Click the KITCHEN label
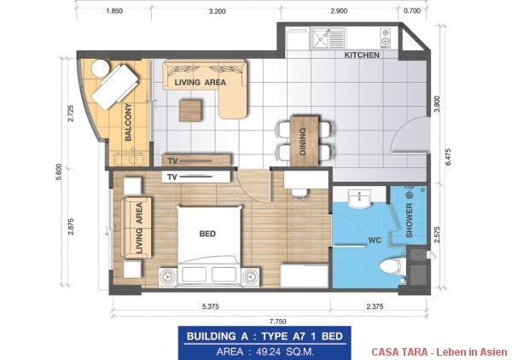[x=362, y=55]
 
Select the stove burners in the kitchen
[x=385, y=38]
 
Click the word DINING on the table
[x=303, y=142]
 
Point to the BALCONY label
[x=128, y=122]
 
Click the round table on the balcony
[x=100, y=68]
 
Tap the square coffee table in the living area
[x=190, y=110]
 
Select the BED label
[x=207, y=234]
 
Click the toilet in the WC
[x=393, y=265]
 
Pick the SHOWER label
[x=409, y=221]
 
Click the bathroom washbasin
[x=359, y=199]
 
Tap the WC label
[x=375, y=241]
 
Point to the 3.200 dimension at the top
[x=217, y=11]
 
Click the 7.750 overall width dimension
[x=278, y=322]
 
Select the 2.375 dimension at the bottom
[x=375, y=306]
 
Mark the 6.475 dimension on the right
[x=447, y=157]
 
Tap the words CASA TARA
[x=399, y=351]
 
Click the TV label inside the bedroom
[x=172, y=177]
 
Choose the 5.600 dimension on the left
[x=59, y=172]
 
